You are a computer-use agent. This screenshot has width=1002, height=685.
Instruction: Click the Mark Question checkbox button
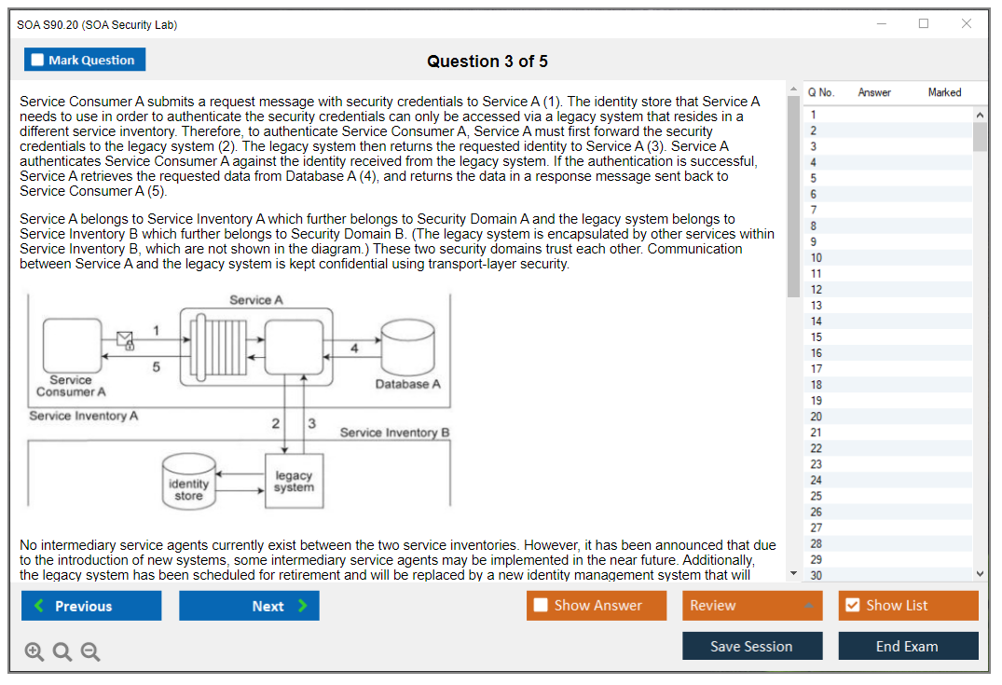pos(85,60)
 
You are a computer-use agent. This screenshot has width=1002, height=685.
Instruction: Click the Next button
pos(249,606)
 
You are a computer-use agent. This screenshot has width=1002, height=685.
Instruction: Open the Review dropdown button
pos(752,606)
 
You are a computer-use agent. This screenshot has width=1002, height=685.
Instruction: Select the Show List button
pos(908,606)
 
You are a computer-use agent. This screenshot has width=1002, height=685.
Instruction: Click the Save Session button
pos(752,646)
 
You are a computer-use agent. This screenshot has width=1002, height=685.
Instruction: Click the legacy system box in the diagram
pos(294,481)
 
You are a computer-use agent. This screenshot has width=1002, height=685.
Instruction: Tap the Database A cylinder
pos(408,349)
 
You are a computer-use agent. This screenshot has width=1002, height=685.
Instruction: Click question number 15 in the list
pos(817,337)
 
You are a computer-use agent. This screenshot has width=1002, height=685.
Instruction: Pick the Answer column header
pos(873,92)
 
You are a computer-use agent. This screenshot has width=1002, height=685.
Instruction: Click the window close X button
pos(967,24)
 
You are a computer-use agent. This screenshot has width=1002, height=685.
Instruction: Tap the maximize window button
pos(924,24)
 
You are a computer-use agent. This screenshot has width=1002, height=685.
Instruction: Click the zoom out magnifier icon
pos(90,651)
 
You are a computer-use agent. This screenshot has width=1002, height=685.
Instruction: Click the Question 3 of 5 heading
pos(487,62)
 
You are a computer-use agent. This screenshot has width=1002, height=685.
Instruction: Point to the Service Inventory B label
pos(394,432)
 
